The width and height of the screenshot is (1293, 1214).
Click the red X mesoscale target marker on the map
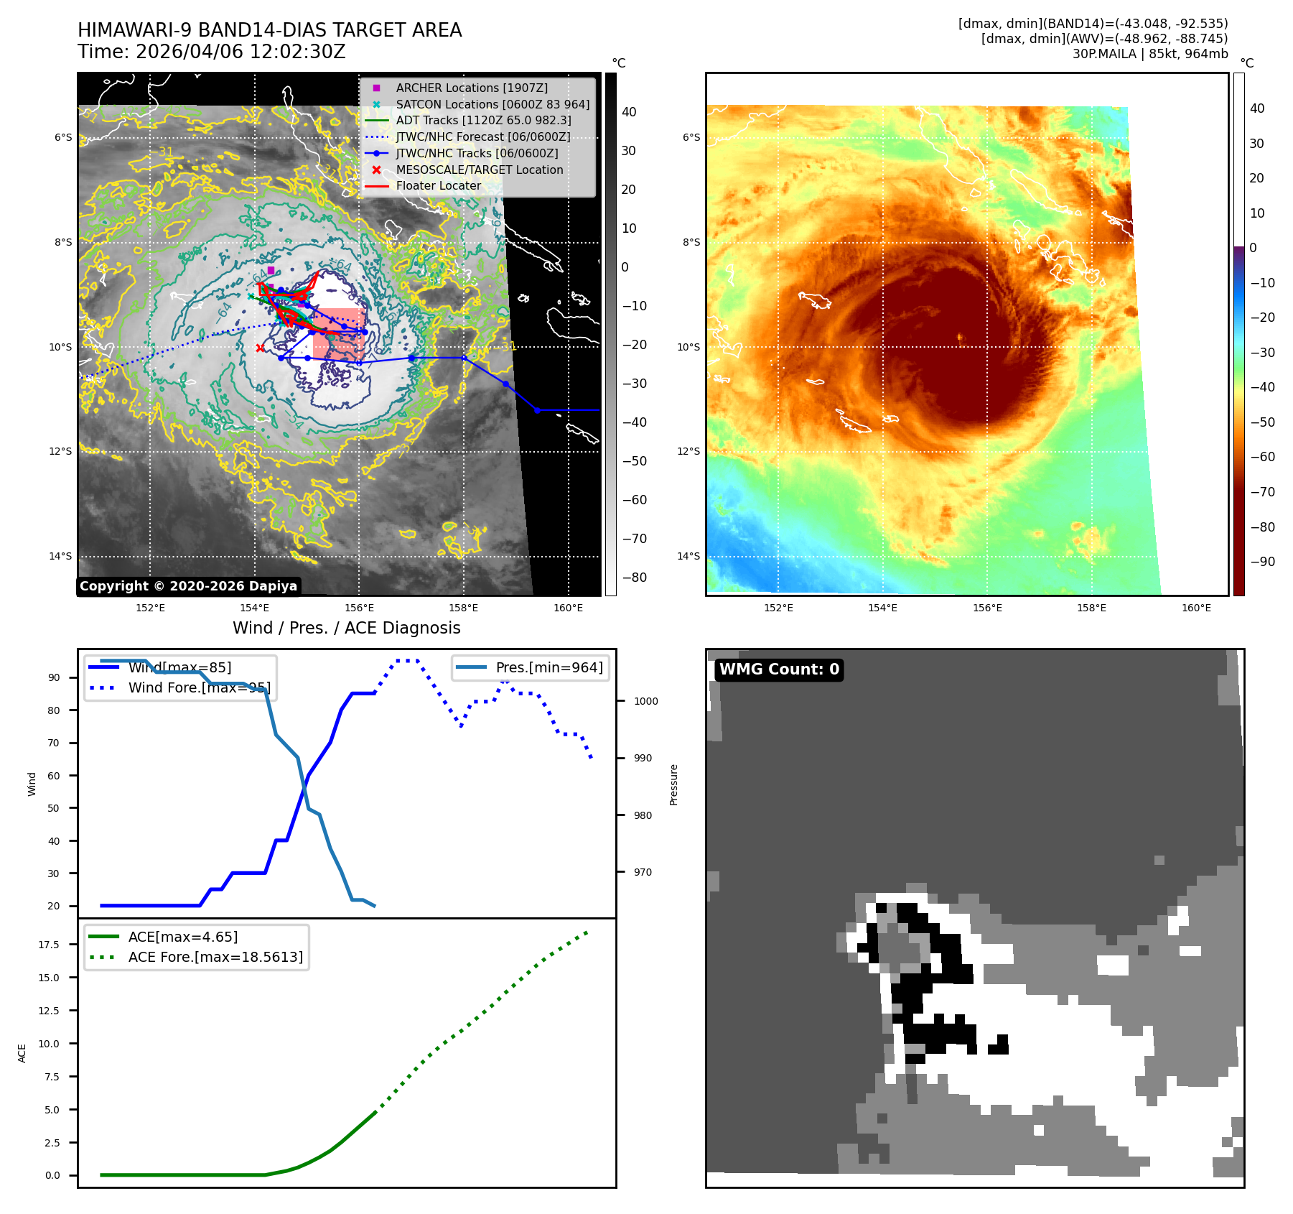coord(260,348)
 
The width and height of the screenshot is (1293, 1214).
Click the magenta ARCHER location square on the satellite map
coord(271,270)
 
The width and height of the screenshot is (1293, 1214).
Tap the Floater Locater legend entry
coord(438,185)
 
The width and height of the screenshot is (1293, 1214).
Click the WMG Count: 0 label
coord(779,669)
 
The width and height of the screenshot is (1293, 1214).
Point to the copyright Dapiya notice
coord(188,586)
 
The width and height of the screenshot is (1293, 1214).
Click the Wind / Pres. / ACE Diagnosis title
coord(346,628)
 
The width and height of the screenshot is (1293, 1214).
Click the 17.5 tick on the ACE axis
coord(49,945)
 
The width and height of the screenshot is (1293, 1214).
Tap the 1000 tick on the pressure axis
coord(645,701)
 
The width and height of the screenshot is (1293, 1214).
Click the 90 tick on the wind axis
coord(54,677)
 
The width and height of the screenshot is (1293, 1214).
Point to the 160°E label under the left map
coord(568,608)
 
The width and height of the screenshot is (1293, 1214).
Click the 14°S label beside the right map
coord(688,556)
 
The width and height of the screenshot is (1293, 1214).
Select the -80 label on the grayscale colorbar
coord(634,578)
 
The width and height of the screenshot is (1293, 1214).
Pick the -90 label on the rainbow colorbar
coord(1262,562)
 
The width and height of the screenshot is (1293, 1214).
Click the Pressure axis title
coord(673,784)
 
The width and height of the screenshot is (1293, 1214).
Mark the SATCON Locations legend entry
coord(493,104)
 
